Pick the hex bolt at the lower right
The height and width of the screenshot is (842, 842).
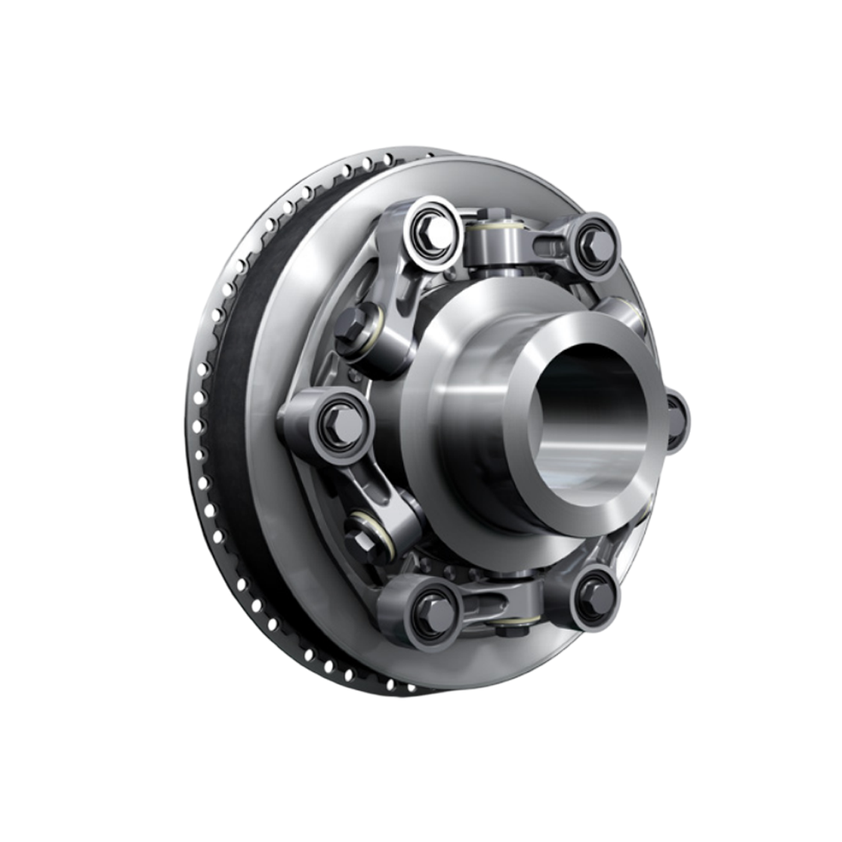(595, 595)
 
